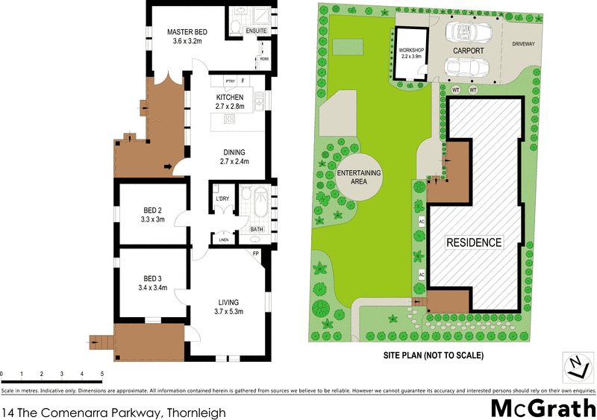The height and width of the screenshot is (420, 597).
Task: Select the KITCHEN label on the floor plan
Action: (230, 98)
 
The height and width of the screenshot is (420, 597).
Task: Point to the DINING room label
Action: (233, 152)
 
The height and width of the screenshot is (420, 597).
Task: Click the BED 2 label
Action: (152, 210)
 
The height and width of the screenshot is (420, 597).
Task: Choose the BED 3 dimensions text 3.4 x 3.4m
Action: (152, 287)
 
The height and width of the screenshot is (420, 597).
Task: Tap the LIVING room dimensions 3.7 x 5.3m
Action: (229, 311)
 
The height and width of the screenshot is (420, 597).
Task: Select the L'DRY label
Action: (222, 198)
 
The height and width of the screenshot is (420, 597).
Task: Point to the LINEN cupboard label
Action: (223, 240)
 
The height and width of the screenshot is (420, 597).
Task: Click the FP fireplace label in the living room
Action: (255, 254)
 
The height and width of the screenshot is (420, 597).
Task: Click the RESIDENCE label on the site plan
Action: (474, 242)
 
